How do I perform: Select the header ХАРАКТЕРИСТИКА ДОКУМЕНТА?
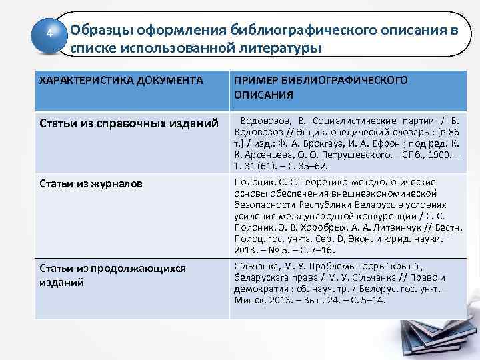pos(122,81)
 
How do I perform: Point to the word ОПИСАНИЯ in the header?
pos(263,95)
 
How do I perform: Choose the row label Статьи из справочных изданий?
pos(129,123)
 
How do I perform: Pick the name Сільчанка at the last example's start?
pos(256,267)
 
